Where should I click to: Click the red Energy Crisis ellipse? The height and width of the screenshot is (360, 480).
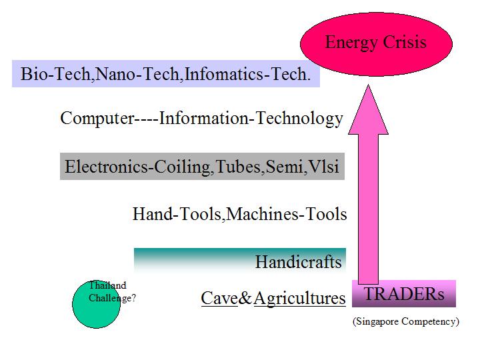376,44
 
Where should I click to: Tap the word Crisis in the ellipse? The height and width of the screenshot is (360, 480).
405,41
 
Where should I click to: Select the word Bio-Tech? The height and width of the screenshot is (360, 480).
55,74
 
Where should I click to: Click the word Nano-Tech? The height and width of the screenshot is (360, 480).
137,74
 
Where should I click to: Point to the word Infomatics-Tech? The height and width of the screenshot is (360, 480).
247,74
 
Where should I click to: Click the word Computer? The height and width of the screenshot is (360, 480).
97,119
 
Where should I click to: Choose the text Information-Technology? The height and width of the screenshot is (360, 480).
251,119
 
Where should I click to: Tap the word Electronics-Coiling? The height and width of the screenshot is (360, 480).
137,167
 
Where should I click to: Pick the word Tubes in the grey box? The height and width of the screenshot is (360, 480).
237,167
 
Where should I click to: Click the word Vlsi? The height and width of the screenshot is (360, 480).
323,167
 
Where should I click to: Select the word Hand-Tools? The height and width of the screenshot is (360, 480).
177,214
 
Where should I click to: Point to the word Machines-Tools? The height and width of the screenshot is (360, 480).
287,214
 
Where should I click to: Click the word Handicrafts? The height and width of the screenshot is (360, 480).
299,262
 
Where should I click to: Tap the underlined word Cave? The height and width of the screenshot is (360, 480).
219,298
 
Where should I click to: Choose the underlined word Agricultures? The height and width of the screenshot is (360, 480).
300,299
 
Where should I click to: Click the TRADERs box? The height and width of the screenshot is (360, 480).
404,293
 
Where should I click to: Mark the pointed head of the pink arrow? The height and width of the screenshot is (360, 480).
368,85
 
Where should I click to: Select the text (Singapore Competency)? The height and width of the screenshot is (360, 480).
406,321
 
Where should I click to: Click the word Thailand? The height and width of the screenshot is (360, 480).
107,285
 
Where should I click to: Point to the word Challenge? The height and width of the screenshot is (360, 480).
112,298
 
